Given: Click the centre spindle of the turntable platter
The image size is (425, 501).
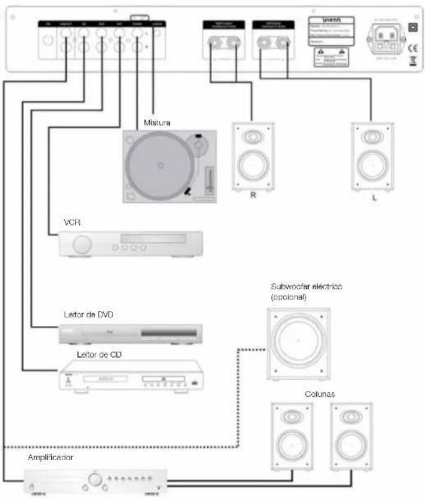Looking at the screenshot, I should click(x=160, y=166).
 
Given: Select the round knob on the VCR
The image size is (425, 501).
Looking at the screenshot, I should click(x=79, y=245).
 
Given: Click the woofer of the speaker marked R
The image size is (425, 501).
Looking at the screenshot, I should click(x=252, y=166).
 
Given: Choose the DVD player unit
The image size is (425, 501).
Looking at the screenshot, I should click(x=130, y=334).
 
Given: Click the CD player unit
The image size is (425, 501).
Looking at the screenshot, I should click(x=131, y=375).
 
